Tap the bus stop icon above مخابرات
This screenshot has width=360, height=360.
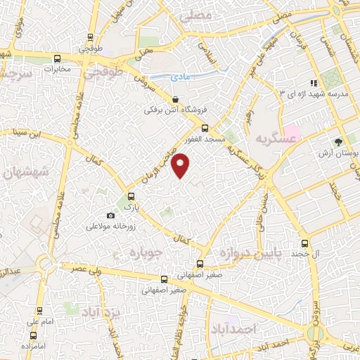point(57,59)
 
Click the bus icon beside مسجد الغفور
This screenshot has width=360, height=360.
point(205,128)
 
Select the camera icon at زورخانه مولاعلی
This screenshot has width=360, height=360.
point(110,215)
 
